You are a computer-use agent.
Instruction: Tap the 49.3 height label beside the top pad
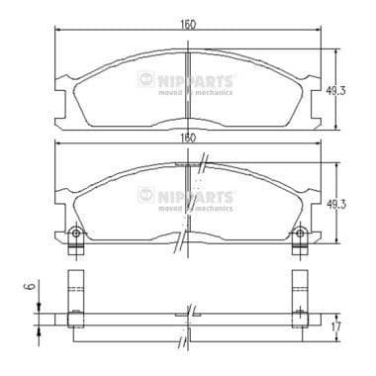(x=336, y=89)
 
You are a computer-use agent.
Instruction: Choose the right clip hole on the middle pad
(x=301, y=235)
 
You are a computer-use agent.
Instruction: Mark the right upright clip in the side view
(x=301, y=294)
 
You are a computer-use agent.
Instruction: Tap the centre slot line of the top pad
(x=188, y=89)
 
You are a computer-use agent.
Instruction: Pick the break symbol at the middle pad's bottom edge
(x=178, y=240)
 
